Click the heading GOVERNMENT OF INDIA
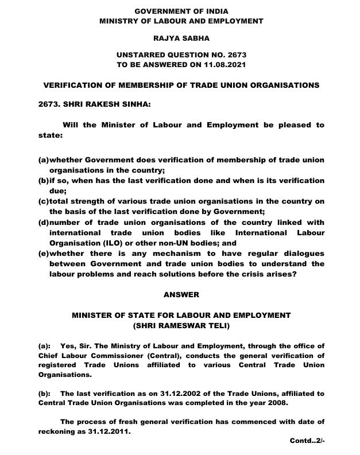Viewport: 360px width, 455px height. [x=181, y=11]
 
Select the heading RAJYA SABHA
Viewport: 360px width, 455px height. [x=181, y=38]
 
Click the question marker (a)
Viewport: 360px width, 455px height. [x=43, y=160]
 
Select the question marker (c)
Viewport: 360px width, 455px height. [x=43, y=201]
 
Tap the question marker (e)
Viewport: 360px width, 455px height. [x=43, y=254]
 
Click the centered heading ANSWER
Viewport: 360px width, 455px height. [x=181, y=294]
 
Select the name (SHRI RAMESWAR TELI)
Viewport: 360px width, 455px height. [x=181, y=325]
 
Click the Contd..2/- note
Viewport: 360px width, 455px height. [x=308, y=441]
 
